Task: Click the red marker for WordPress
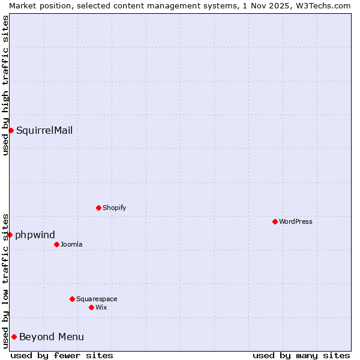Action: pos(275,221)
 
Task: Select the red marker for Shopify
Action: pos(98,208)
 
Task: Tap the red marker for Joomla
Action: pos(56,244)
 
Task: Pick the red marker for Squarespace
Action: pos(72,299)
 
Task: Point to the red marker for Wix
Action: pos(91,307)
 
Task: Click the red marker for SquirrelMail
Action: pos(11,130)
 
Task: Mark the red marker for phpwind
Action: pos(10,235)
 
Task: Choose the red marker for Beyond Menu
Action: pos(14,337)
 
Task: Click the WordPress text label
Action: pos(296,221)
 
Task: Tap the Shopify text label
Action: pos(114,208)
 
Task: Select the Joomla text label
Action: pos(71,244)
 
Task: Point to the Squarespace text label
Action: pos(97,299)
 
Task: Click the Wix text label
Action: pos(101,307)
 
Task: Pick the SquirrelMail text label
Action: pos(44,130)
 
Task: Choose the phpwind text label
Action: pos(35,235)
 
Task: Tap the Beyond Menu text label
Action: pos(52,337)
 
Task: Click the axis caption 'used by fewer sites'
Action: pos(62,355)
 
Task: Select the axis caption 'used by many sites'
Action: pos(301,355)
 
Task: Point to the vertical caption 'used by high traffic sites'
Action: pos(5,85)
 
